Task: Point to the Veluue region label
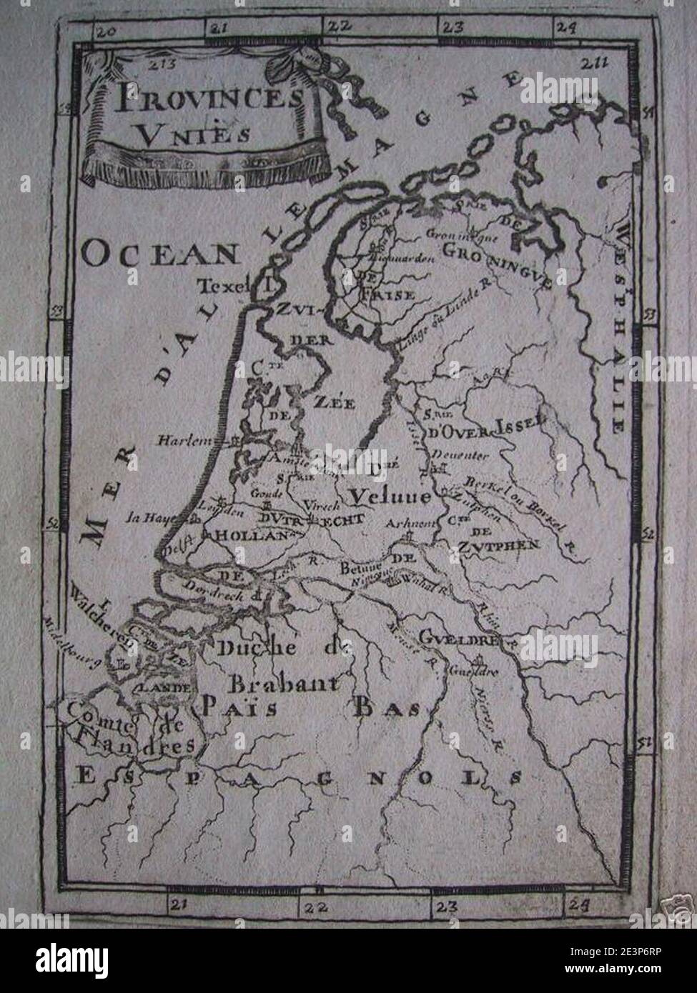[x=390, y=495]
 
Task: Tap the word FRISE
[x=387, y=294]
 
